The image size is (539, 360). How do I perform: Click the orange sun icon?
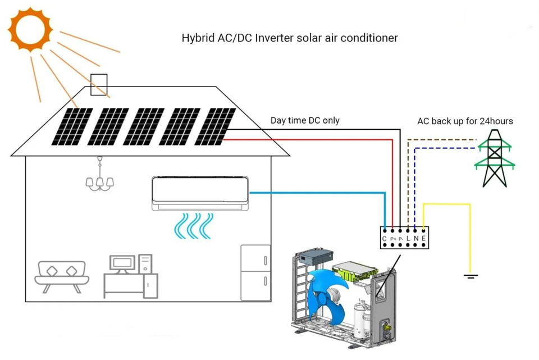tap(30, 29)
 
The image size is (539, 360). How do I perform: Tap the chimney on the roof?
tap(99, 85)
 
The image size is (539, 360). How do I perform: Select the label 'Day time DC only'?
tap(305, 120)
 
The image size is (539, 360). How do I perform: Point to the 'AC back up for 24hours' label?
tap(465, 121)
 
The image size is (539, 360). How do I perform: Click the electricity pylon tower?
tap(495, 158)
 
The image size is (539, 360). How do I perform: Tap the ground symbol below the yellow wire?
tap(471, 276)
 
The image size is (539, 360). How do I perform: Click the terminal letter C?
tap(384, 238)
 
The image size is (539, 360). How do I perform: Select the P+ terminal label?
tap(393, 239)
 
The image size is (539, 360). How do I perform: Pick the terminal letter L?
tap(408, 238)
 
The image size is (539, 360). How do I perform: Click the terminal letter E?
tap(423, 238)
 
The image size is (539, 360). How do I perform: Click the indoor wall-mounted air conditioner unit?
tap(200, 193)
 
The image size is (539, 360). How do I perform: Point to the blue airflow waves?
tap(194, 226)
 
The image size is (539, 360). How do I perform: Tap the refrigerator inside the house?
tap(255, 272)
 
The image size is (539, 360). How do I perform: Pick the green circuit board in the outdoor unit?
tap(354, 271)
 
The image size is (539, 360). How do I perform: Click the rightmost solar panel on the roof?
tap(215, 126)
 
